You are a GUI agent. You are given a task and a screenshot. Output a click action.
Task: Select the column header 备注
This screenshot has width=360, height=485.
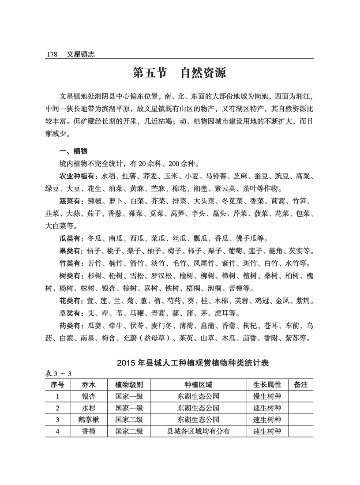[x=300, y=385]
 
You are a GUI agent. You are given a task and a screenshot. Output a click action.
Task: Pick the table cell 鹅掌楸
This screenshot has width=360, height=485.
[x=88, y=419]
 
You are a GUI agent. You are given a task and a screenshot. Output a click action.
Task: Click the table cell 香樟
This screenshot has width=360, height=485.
[x=88, y=431]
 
